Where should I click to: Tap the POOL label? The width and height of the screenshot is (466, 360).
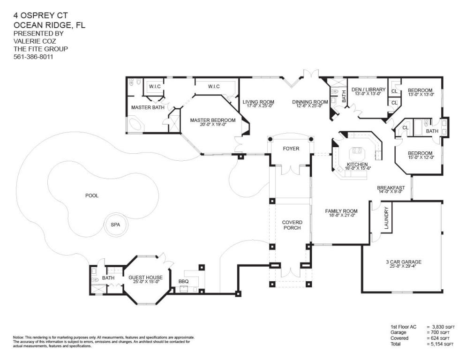click(92, 195)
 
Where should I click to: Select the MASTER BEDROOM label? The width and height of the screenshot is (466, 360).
click(213, 120)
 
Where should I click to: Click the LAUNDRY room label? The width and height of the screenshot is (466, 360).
click(386, 218)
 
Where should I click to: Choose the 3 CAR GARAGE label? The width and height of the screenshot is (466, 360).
click(404, 262)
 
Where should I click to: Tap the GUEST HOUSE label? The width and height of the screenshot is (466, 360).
click(146, 277)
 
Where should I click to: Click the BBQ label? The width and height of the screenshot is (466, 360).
click(184, 281)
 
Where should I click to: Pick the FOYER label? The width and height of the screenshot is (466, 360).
click(291, 149)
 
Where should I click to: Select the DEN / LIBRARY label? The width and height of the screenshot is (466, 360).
click(368, 90)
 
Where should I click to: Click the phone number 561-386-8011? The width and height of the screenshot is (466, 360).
click(33, 57)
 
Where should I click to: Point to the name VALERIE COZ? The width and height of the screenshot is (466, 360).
click(35, 41)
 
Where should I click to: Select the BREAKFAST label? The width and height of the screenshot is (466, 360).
click(391, 188)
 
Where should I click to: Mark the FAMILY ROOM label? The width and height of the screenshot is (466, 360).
click(341, 211)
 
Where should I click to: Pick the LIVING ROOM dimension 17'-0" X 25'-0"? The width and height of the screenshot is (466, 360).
click(258, 105)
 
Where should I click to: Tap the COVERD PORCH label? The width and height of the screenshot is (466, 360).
click(292, 225)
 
